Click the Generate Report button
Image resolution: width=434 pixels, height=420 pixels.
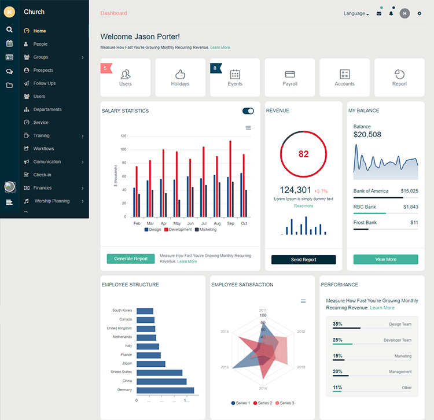tap(131, 259)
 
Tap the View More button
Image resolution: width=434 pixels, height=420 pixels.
tap(385, 259)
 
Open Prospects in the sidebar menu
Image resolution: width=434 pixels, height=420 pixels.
tap(43, 70)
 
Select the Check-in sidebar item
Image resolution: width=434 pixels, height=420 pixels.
tap(42, 175)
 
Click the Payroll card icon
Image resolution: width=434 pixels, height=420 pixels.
tap(290, 74)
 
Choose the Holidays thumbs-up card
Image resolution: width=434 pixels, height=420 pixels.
tap(180, 74)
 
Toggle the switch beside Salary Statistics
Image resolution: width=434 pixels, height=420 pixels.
tap(248, 111)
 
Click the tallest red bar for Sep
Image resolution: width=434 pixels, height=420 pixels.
tap(230, 179)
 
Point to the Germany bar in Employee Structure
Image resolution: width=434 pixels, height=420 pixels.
tap(165, 390)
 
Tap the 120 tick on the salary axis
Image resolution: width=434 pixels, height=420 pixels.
tap(123, 136)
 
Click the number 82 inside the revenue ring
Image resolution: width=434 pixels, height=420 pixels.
tap(304, 154)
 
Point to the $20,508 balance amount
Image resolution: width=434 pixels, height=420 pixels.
tap(367, 135)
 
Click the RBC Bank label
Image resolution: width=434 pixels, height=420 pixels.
tap(365, 207)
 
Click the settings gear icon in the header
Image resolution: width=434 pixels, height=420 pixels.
tap(420, 13)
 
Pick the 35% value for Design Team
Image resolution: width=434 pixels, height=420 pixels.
tap(337, 324)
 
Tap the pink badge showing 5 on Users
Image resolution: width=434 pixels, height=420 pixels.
tap(105, 68)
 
